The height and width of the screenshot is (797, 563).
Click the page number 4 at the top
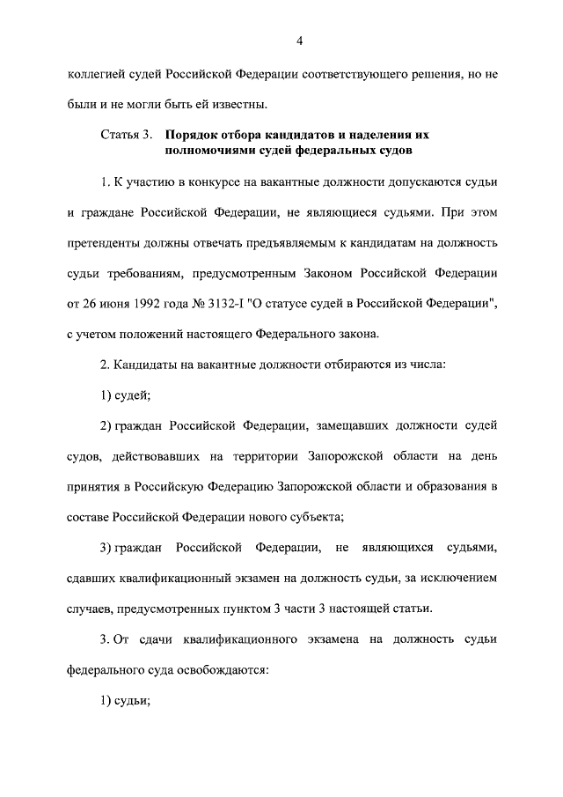299,41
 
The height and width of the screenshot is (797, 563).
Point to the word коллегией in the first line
95,75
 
